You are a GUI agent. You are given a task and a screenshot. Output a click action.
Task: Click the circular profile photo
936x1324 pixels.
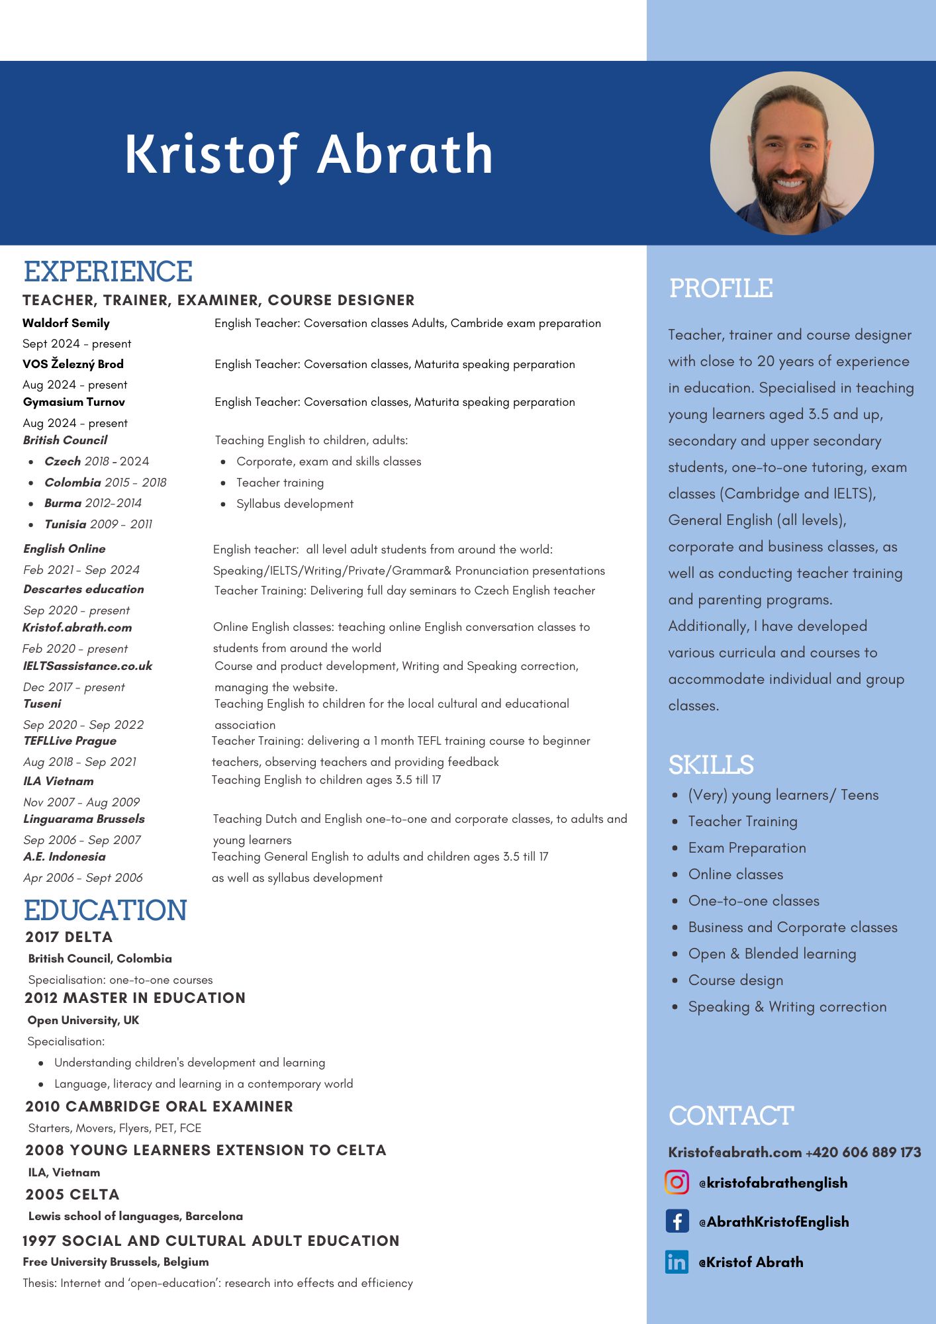tap(792, 154)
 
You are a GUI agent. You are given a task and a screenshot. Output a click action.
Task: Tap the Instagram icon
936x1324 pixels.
tap(677, 1182)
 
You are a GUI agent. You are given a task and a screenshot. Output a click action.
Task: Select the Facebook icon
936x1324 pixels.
tap(677, 1221)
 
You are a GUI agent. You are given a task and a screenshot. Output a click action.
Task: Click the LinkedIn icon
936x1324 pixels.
tap(677, 1262)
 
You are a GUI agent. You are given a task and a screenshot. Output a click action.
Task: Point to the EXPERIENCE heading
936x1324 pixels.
tap(108, 272)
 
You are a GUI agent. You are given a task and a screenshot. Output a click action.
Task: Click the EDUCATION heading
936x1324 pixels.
tap(105, 911)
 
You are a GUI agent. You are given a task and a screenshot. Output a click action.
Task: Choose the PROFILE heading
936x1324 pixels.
tap(721, 289)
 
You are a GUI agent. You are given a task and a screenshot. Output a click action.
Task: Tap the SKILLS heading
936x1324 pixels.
tap(711, 765)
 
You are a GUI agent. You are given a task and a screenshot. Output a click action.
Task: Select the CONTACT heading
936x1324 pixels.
tap(731, 1116)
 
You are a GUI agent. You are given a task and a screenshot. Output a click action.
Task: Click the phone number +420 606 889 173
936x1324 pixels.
tap(863, 1153)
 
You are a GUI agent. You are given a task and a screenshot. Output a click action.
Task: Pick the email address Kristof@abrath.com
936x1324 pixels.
tap(735, 1153)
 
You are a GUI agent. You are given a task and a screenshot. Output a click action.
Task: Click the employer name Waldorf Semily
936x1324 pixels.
tap(66, 323)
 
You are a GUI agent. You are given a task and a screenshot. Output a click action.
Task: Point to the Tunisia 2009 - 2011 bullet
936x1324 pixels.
tap(98, 524)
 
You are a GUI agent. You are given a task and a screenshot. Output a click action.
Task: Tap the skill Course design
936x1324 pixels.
tap(735, 980)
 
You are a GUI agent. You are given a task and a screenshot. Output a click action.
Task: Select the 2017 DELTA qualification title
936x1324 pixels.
tap(69, 937)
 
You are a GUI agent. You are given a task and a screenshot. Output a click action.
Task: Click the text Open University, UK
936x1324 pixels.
tap(83, 1020)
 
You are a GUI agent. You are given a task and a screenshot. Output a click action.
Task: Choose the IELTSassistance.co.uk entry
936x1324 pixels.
tap(87, 666)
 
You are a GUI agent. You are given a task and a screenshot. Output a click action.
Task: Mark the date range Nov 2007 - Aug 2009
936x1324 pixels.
tap(81, 802)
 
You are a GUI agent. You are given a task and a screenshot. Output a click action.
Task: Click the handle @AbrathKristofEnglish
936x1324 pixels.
tap(774, 1222)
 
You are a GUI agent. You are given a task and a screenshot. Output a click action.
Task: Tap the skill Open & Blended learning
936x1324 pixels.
tap(772, 954)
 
